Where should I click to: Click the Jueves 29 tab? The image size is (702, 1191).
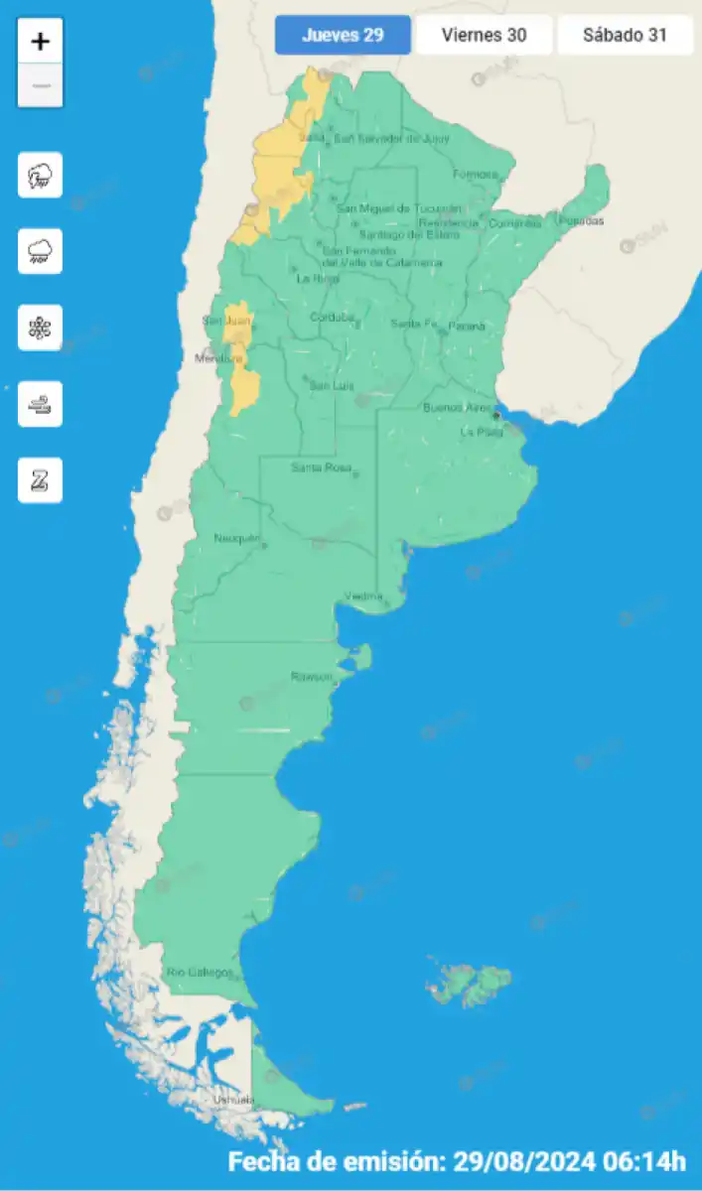click(343, 36)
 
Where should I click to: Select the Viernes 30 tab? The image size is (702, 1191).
click(485, 36)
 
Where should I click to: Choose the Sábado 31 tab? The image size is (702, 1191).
click(625, 36)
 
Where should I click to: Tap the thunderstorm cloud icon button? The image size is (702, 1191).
click(40, 176)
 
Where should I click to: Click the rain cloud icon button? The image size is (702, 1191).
click(40, 251)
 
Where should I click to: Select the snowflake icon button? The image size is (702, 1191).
click(40, 328)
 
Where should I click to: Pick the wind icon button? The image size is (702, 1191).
click(40, 404)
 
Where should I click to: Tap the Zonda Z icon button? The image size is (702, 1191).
click(40, 480)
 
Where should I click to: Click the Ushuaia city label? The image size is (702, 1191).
click(233, 1100)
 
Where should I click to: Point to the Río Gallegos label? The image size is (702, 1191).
click(200, 972)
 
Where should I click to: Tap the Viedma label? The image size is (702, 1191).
click(363, 595)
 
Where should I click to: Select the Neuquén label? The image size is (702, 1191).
click(236, 539)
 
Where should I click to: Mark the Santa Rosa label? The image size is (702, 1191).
click(321, 467)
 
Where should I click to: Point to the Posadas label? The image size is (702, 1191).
click(581, 220)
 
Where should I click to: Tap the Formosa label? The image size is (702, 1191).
click(476, 175)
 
